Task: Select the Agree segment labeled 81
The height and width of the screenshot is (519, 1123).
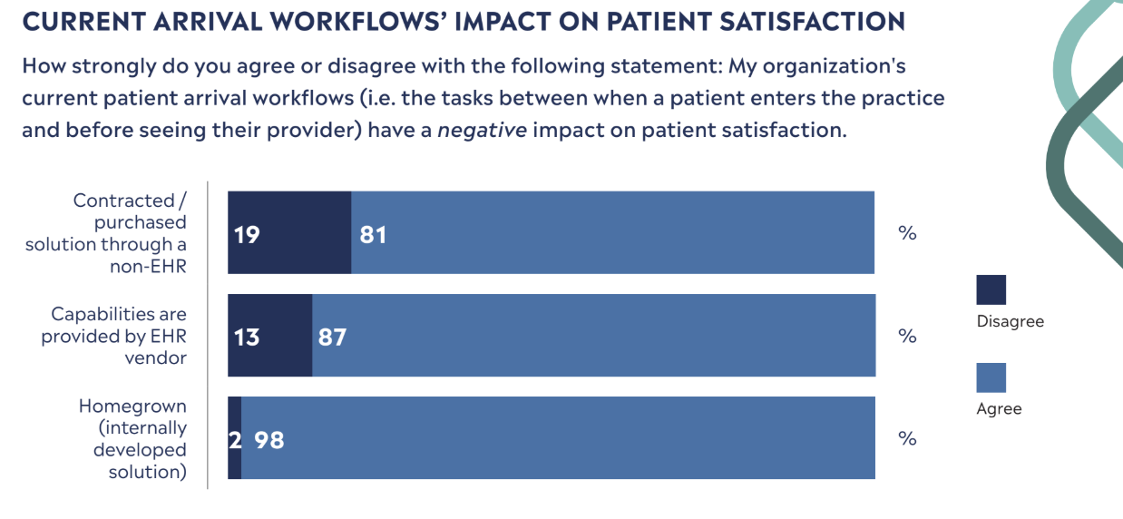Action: click(612, 233)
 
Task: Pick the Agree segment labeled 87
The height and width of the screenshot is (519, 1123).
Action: click(594, 336)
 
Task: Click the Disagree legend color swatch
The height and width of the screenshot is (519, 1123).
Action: click(991, 290)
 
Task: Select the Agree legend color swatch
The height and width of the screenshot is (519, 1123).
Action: click(991, 377)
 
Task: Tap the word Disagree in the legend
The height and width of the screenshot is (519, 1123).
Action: click(1010, 321)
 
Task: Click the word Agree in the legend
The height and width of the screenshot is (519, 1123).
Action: click(999, 409)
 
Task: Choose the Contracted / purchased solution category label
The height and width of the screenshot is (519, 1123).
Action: click(106, 233)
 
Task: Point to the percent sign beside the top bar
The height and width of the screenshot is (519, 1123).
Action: click(907, 233)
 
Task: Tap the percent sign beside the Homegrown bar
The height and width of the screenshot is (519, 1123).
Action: click(907, 438)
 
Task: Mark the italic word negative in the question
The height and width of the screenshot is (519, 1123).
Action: click(481, 130)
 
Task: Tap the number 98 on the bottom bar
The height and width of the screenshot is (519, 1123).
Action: click(269, 440)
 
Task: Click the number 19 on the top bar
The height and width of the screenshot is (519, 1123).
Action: click(246, 235)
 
